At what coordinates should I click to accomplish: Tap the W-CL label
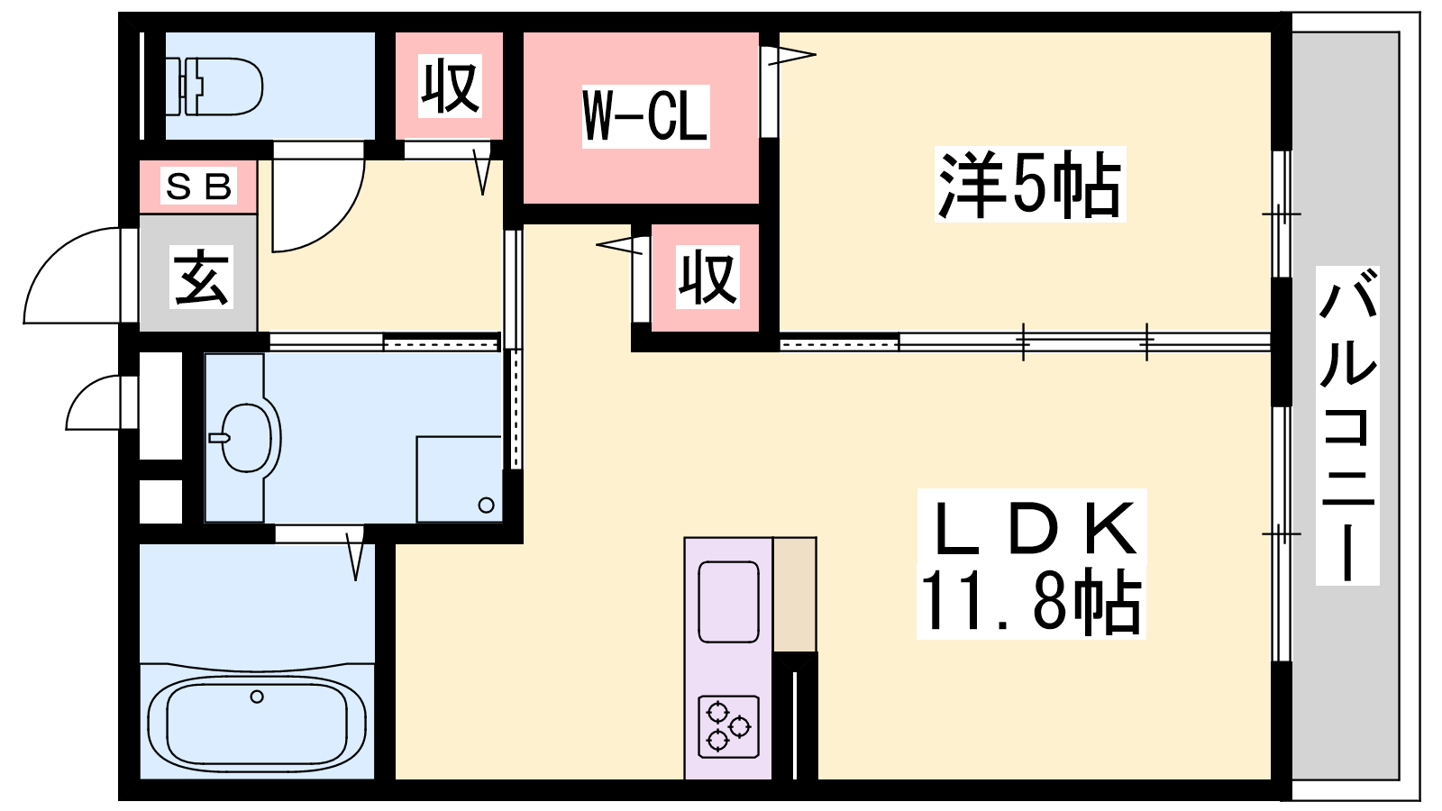tap(645, 116)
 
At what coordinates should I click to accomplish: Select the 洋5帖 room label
tap(1029, 184)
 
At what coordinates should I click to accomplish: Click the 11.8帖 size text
tap(1031, 600)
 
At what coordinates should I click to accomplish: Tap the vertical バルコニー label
tap(1346, 425)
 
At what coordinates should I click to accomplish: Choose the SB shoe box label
tap(198, 186)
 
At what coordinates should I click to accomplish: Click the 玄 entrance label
tap(201, 278)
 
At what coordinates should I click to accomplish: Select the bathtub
tap(257, 723)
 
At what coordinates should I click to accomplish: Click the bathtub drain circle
tap(257, 697)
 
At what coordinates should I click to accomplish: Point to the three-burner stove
tap(729, 726)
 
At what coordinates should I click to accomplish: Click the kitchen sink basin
tap(729, 602)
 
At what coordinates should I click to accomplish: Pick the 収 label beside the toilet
tap(450, 87)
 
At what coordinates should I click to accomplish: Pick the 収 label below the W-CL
tap(707, 278)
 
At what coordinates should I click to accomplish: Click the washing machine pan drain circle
tap(487, 506)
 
